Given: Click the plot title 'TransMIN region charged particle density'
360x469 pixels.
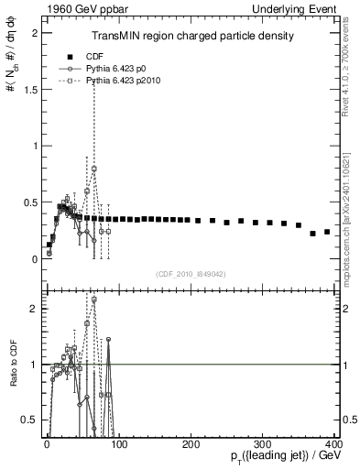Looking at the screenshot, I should click(x=191, y=37).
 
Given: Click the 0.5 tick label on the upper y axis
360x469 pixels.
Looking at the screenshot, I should click(x=28, y=202).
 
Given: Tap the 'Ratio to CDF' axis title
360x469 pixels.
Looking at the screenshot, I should click(x=13, y=375).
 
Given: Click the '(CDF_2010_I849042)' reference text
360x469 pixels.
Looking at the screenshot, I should click(x=190, y=273).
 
